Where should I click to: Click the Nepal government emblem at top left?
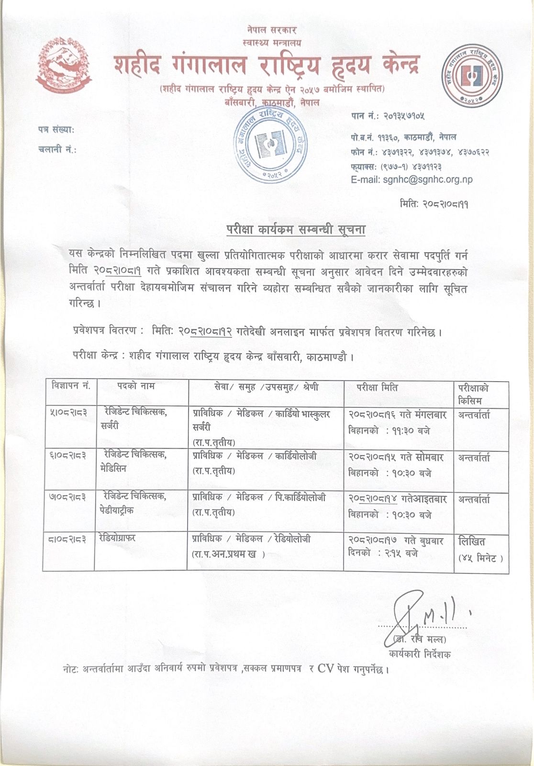(64, 67)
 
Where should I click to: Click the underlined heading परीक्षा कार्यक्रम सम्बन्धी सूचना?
(296, 230)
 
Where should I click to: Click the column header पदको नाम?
(135, 386)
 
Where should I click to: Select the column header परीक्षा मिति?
(377, 387)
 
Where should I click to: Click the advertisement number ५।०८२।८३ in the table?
(68, 413)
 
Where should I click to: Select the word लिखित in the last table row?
(471, 541)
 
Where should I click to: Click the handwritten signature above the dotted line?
(421, 613)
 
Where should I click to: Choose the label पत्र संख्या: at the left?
(56, 129)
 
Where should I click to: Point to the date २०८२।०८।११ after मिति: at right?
(443, 204)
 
